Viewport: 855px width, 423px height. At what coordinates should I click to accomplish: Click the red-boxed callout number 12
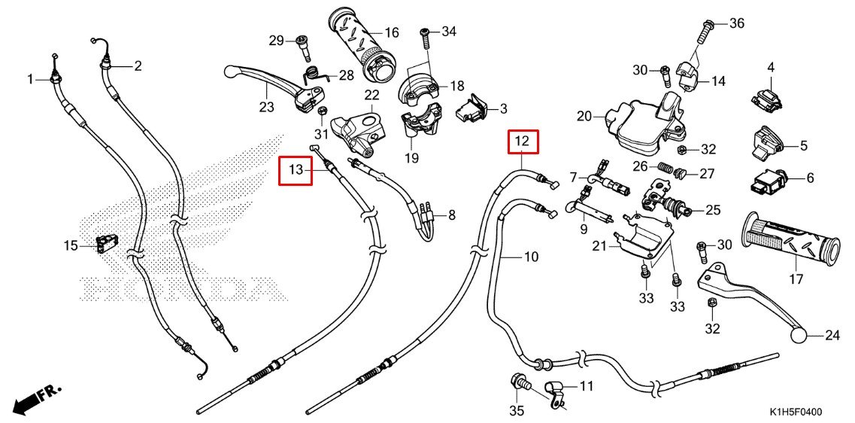point(526,141)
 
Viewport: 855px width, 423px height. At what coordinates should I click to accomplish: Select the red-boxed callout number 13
point(296,170)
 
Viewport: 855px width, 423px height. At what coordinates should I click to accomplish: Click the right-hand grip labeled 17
point(790,239)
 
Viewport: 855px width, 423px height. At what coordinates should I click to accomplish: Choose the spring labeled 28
point(314,76)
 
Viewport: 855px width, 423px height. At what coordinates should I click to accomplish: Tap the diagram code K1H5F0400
point(795,412)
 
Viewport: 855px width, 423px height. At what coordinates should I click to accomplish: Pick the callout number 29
point(275,40)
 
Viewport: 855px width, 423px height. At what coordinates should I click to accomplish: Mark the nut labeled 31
point(321,114)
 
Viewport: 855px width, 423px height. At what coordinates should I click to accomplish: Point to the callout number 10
point(531,257)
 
